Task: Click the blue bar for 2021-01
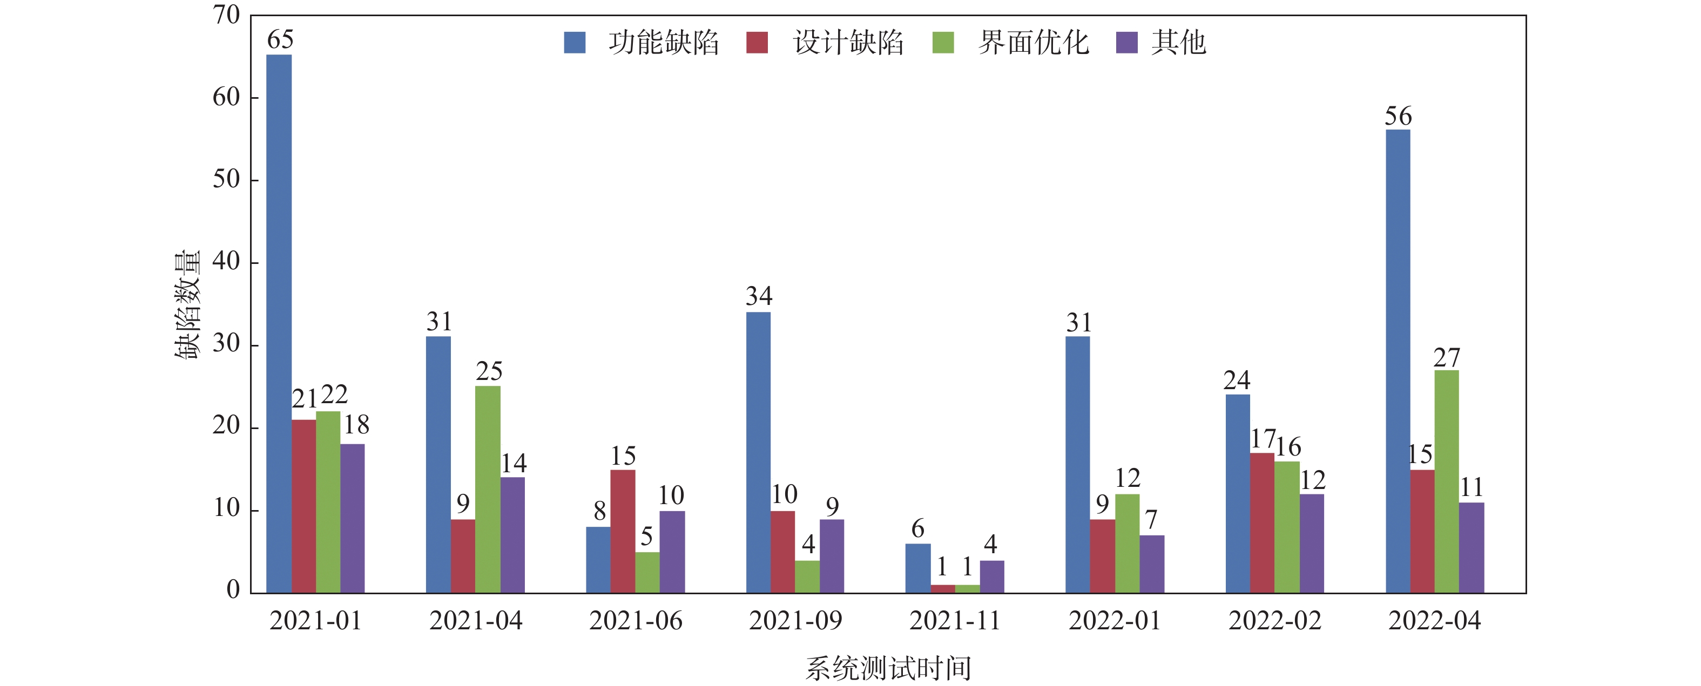279,323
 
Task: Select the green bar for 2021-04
487,488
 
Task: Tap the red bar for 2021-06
623,531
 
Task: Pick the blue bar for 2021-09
758,452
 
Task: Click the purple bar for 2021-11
992,576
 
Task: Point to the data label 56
1398,116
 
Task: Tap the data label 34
759,296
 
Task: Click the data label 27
1446,358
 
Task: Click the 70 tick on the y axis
226,15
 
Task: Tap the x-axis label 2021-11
955,621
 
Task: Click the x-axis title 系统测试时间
888,668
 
